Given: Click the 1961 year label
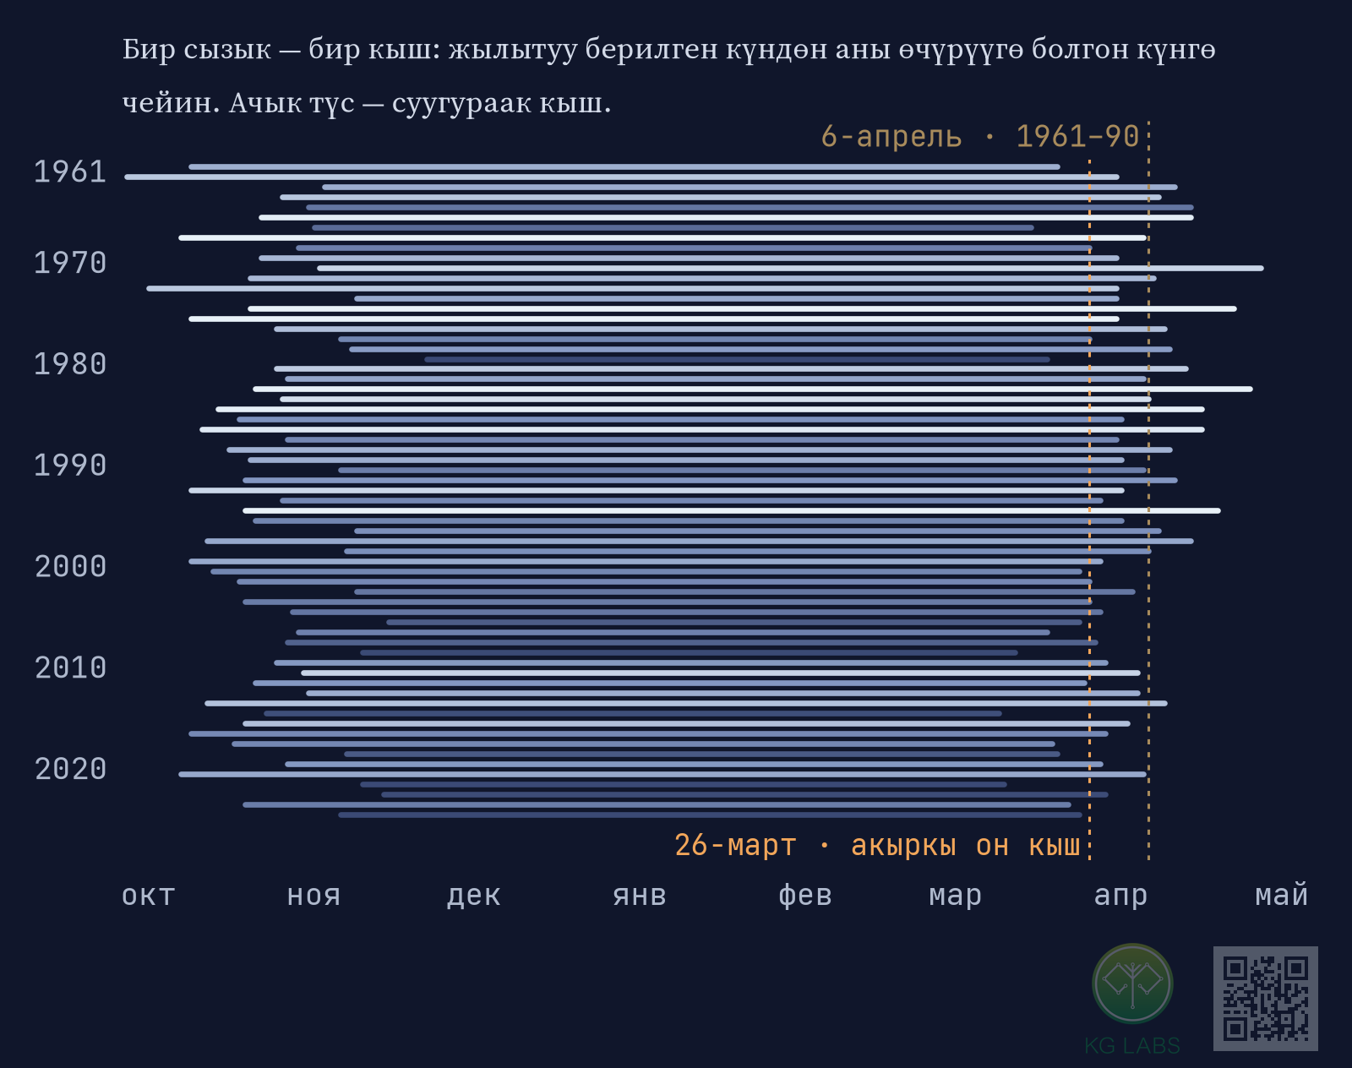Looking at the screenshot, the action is [70, 172].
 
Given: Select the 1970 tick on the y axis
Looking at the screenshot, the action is [70, 264].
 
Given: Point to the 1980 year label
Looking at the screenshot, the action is [70, 364].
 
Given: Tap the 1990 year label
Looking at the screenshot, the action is [70, 466].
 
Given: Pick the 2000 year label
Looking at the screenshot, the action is [70, 567].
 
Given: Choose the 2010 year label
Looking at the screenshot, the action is [70, 667].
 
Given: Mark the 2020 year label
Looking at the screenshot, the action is [70, 769].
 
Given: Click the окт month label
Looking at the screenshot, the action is [148, 896].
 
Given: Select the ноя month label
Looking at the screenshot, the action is [313, 896].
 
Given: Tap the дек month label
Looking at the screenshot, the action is [474, 896].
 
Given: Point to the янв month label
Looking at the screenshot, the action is [640, 896].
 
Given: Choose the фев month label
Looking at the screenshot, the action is [804, 896].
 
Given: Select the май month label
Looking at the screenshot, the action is [1281, 895].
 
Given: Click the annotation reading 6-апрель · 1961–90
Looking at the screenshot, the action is [980, 137].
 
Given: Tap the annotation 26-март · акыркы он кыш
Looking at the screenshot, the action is [877, 846].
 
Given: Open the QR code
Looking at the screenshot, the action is [1265, 999].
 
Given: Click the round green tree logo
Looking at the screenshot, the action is [1133, 984].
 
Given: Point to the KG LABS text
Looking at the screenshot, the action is [1132, 1045].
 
